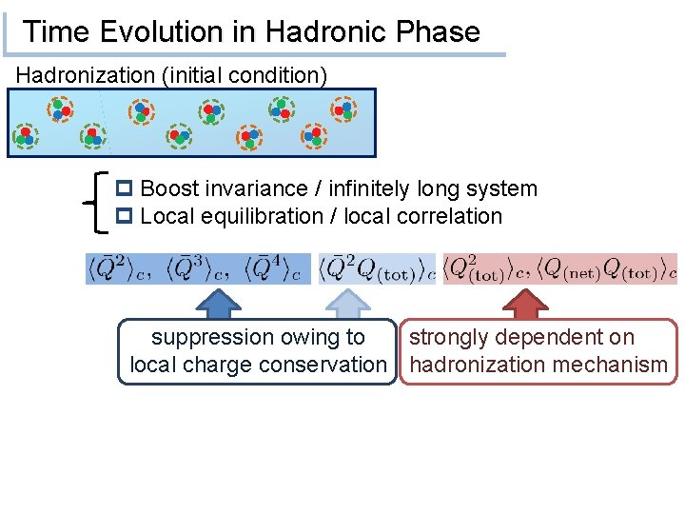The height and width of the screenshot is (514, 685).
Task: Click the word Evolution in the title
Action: tap(166, 31)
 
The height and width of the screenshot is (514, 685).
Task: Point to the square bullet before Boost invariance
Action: tap(127, 189)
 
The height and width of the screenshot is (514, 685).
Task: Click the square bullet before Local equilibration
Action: tap(127, 217)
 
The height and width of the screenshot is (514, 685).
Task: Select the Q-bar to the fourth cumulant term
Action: tap(277, 269)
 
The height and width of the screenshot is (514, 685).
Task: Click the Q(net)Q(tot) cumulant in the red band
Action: tap(609, 269)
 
